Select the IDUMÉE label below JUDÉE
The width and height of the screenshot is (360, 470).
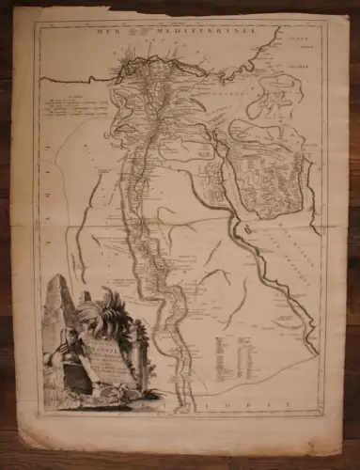pyautogui.click(x=300, y=56)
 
